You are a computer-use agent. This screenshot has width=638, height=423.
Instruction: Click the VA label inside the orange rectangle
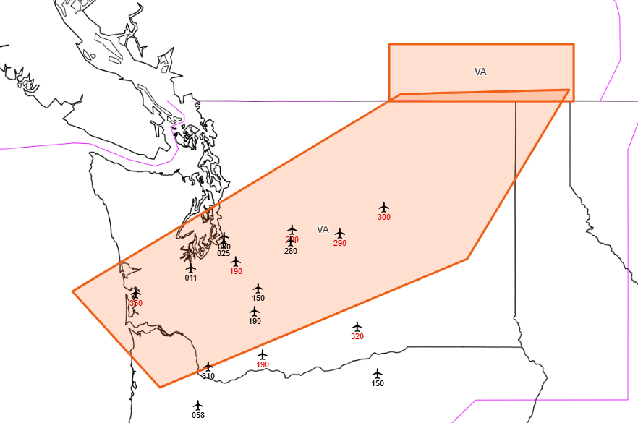480,72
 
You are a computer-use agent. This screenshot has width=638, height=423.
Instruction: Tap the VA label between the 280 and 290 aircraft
323,229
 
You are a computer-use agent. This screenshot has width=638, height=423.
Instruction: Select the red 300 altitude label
384,217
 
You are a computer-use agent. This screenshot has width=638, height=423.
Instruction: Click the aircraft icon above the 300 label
384,208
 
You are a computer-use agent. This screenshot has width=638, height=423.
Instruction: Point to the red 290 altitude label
340,243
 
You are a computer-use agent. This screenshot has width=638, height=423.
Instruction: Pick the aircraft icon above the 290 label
340,234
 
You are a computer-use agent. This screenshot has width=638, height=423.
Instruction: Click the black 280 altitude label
291,251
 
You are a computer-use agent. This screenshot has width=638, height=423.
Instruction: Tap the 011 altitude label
191,278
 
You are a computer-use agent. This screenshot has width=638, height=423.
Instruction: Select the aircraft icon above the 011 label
191,268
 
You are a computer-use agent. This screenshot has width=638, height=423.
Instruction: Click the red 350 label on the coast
136,303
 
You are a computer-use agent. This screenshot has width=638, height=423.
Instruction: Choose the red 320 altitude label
357,336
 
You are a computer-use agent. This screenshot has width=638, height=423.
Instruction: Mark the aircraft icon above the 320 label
357,327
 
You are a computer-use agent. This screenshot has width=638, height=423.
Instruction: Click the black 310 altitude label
208,376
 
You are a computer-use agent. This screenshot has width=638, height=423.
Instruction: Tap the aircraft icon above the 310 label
208,367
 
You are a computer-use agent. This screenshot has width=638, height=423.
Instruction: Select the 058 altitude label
198,415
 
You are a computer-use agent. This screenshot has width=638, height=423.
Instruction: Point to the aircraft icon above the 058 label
198,406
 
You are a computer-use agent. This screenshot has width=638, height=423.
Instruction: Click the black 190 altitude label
255,321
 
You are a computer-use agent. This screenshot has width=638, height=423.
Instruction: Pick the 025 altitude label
224,253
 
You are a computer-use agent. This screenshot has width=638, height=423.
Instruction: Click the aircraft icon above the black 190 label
255,312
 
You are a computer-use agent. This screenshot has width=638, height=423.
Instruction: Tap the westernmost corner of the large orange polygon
73,291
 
